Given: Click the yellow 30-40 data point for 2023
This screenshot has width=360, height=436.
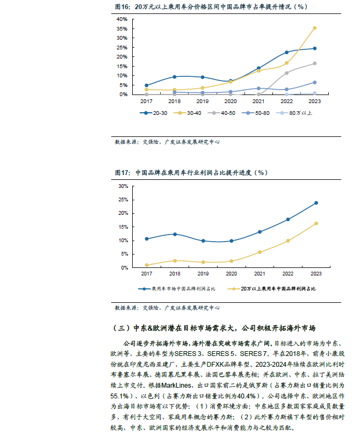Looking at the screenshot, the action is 315,28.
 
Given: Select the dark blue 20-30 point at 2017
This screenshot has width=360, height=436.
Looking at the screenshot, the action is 147,85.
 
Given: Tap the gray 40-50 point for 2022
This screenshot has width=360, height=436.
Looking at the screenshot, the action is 286,73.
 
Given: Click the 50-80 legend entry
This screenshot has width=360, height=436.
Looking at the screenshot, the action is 256,113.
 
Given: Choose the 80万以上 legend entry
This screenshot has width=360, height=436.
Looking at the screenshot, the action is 294,113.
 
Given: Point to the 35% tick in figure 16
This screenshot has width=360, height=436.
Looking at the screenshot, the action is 122,29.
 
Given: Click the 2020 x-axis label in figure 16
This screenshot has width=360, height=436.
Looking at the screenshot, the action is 231,101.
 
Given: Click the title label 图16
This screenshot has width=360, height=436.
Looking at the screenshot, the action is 122,6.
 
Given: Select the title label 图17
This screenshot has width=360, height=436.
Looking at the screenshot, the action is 122,173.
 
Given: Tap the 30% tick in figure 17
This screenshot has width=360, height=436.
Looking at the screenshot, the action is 123,186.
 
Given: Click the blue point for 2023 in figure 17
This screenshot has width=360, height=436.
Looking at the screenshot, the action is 316,203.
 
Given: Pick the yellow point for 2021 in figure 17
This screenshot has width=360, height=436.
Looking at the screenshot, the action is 260,252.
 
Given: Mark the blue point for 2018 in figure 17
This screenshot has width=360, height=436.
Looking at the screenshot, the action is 175,235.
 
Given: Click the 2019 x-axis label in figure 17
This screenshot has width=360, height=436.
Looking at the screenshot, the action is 203,274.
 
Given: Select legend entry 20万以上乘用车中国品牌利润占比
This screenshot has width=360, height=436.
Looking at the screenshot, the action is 271,289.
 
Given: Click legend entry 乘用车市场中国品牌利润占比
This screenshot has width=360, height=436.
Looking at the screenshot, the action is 177,289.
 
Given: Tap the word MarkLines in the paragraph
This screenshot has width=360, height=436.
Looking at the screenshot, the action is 176,386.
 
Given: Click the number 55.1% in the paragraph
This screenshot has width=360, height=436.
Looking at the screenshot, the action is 120,396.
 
